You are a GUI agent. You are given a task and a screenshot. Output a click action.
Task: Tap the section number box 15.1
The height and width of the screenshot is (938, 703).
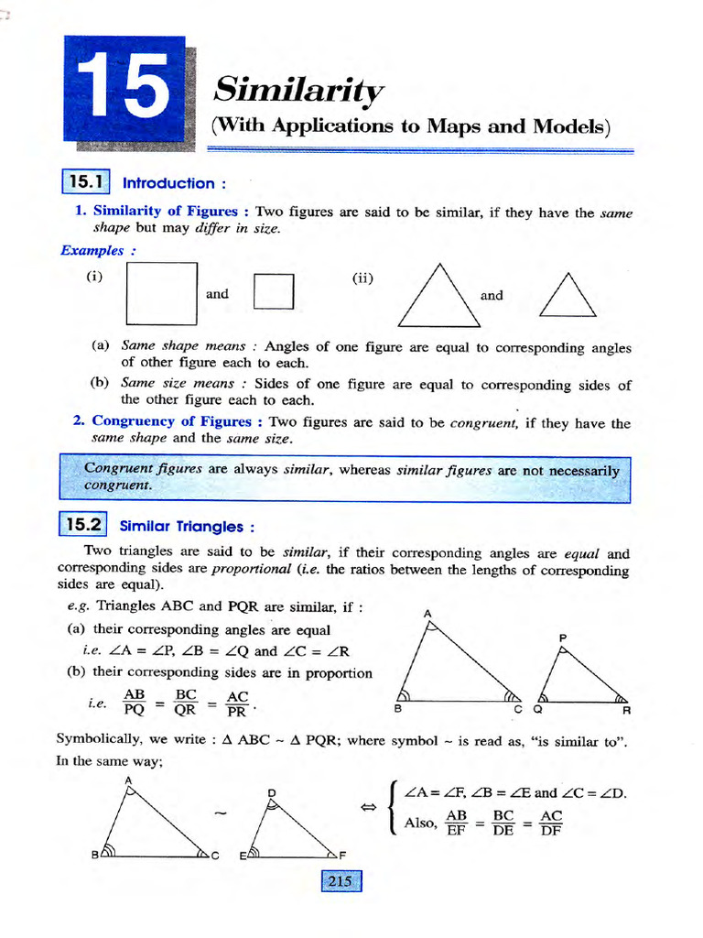(85, 181)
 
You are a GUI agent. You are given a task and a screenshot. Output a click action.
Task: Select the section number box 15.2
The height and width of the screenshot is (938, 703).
(82, 525)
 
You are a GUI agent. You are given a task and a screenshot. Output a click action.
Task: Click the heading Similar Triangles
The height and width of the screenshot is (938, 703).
(187, 527)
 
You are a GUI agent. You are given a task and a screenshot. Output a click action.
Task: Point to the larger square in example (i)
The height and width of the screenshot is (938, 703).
(162, 293)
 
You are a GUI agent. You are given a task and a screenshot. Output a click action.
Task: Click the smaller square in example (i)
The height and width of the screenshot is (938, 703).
(273, 294)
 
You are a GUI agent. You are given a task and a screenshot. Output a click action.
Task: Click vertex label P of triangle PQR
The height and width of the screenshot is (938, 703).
(563, 638)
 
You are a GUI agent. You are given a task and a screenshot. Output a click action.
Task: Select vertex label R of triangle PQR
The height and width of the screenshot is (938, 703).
(626, 709)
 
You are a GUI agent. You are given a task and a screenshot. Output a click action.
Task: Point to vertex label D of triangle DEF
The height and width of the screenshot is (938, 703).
(272, 791)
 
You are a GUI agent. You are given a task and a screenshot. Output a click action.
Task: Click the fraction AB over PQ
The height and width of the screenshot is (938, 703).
(135, 702)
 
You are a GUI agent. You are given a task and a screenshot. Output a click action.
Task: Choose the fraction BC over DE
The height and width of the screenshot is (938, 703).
(503, 823)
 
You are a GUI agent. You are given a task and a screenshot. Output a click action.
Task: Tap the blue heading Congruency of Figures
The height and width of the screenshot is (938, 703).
(171, 421)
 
